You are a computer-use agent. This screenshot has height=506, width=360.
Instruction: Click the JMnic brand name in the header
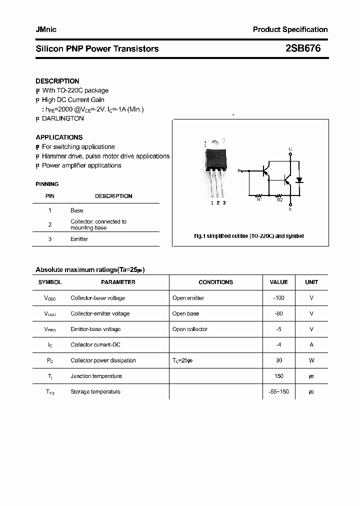pyautogui.click(x=46, y=29)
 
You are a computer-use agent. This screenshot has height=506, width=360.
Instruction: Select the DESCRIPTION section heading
pyautogui.click(x=57, y=81)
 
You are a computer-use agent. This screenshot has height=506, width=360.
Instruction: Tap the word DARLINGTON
pyautogui.click(x=62, y=118)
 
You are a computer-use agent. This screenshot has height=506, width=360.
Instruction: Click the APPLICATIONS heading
pyautogui.click(x=59, y=137)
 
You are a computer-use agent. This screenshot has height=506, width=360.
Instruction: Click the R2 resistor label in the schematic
pyautogui.click(x=280, y=200)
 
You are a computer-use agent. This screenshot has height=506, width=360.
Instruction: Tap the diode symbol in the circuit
pyautogui.click(x=299, y=179)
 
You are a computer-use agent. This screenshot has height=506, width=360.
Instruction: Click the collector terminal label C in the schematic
pyautogui.click(x=290, y=149)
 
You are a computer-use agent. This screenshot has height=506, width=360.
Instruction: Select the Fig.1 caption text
pyautogui.click(x=248, y=236)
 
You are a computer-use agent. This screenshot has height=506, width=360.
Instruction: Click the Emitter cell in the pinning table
pyautogui.click(x=79, y=239)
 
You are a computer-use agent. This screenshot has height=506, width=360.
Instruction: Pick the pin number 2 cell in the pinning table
pyautogui.click(x=50, y=224)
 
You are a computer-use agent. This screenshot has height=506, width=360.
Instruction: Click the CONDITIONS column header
pyautogui.click(x=215, y=282)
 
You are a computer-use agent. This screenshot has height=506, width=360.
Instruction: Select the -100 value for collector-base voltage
pyautogui.click(x=278, y=298)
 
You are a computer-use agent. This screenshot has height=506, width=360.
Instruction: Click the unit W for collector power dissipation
pyautogui.click(x=311, y=360)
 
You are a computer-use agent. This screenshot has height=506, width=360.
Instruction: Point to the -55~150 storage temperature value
pyautogui.click(x=278, y=391)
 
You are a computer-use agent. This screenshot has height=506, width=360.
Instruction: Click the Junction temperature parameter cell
pyautogui.click(x=96, y=376)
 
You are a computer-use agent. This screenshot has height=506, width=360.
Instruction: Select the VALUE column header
pyautogui.click(x=278, y=282)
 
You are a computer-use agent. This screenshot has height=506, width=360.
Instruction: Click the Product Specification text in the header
pyautogui.click(x=290, y=29)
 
